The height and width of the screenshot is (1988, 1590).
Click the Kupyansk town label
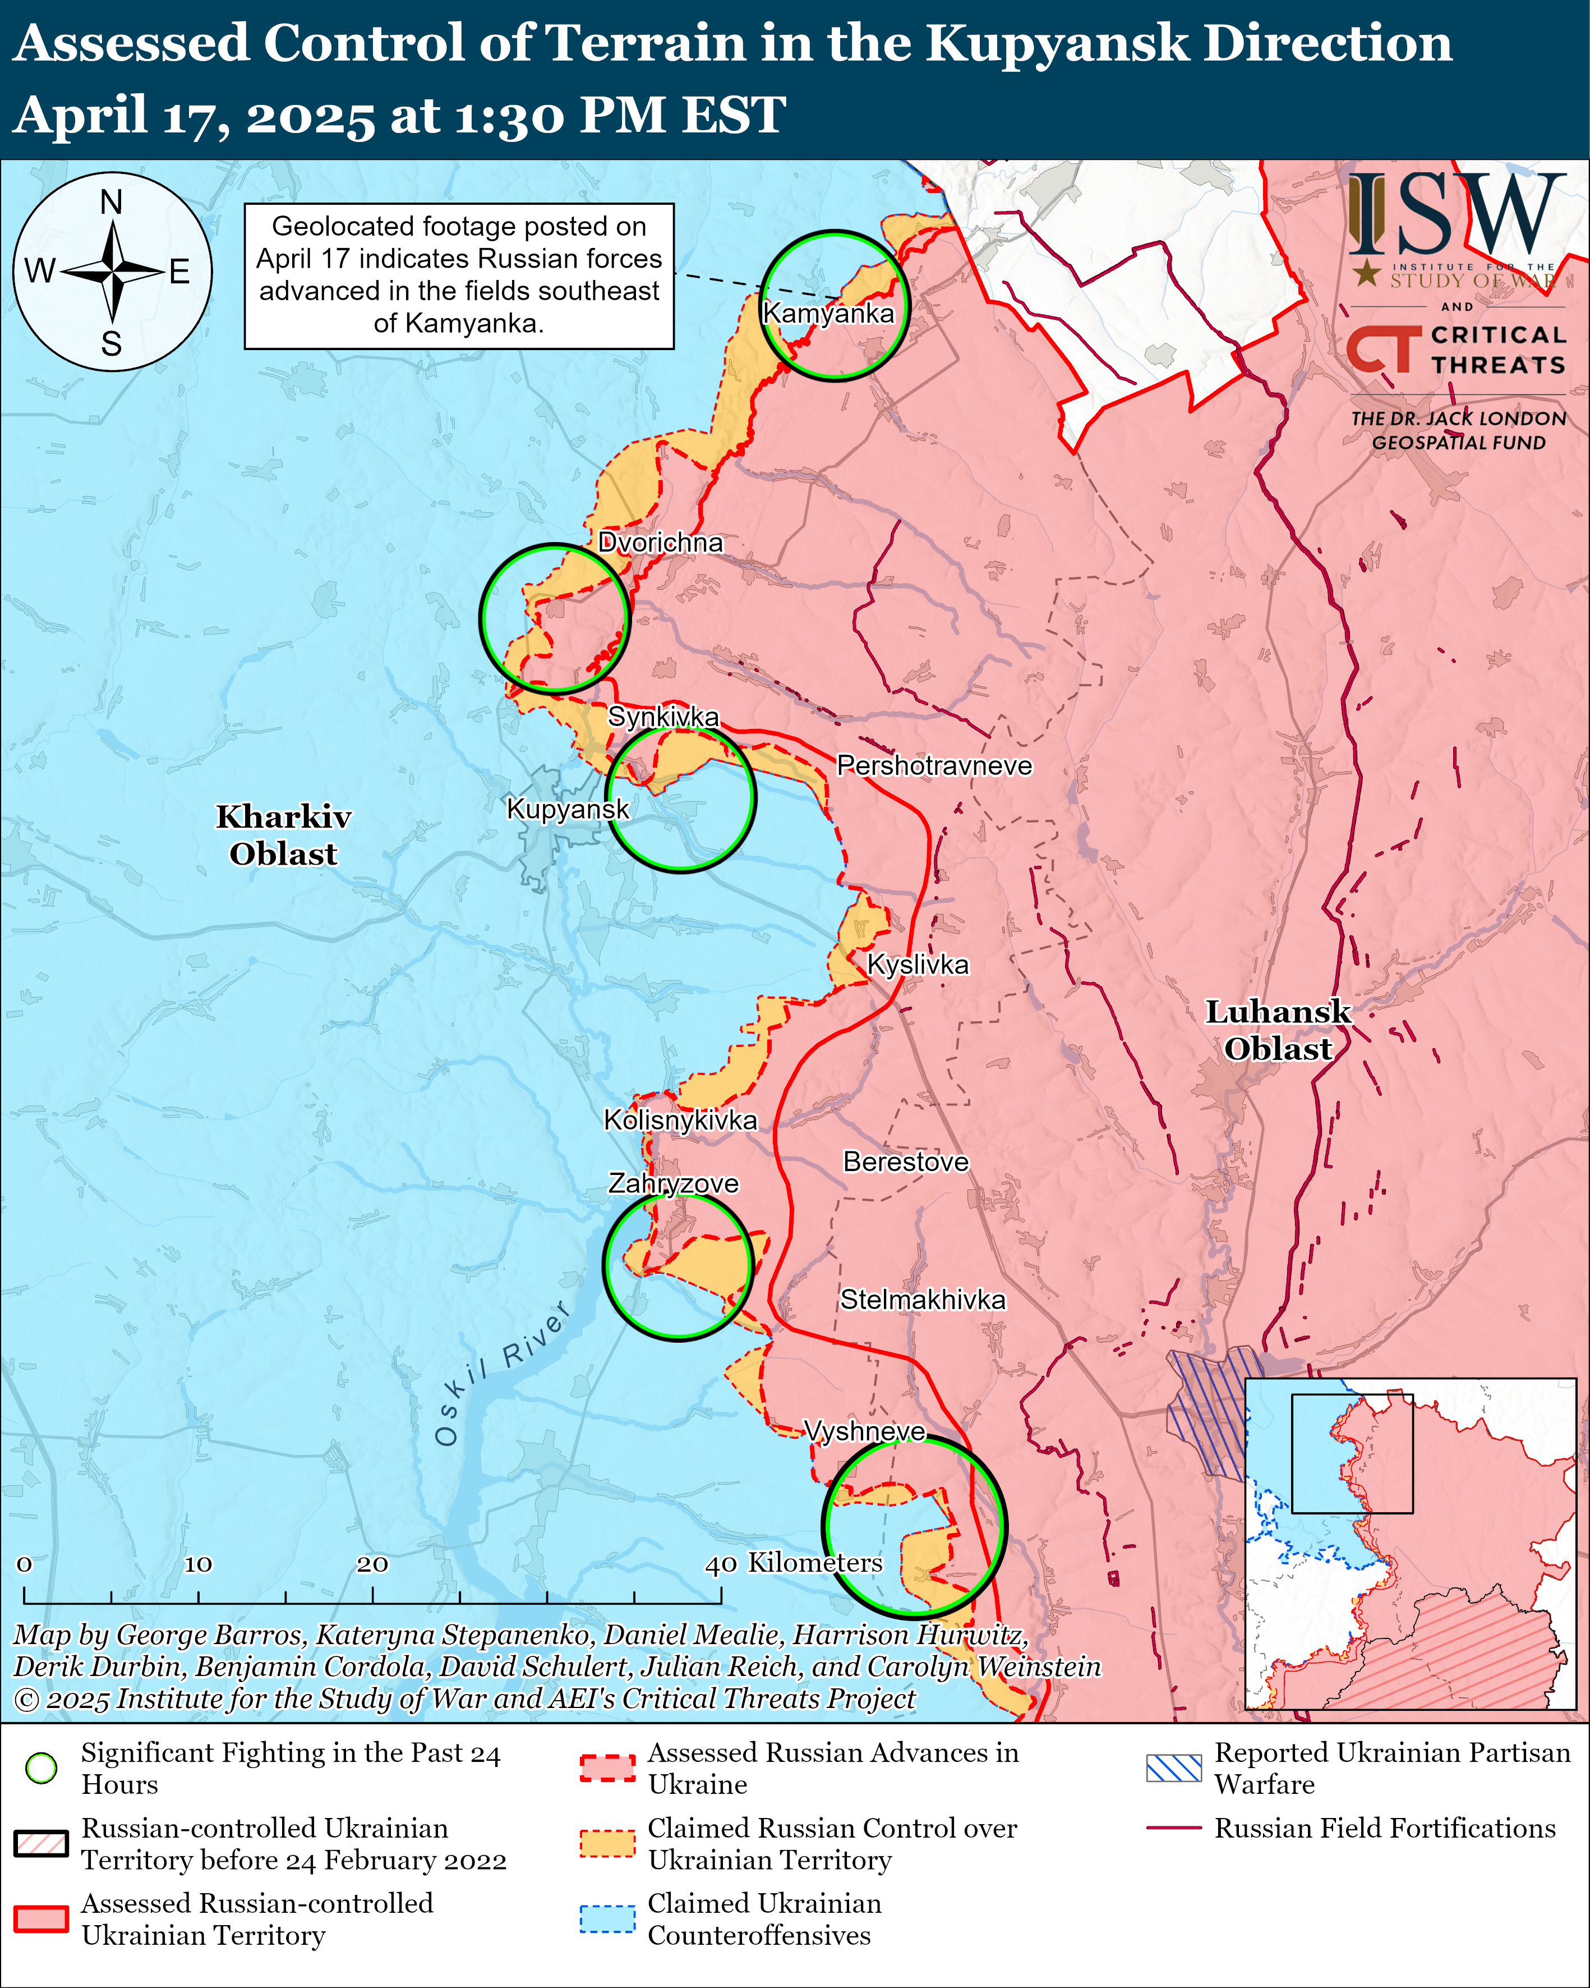568,810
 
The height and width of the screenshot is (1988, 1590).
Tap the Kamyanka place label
828,314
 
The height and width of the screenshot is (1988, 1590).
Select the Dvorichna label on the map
660,542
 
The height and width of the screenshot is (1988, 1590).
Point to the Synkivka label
663,717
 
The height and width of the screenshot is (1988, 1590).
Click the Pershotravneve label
934,765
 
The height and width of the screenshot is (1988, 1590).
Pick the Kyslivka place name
918,965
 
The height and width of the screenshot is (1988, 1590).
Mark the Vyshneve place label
865,1431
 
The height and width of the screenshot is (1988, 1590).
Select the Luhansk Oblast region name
1278,1030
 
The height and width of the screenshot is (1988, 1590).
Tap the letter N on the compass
112,202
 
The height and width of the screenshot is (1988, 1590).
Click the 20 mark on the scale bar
372,1564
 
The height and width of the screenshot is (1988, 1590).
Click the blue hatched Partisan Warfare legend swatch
1173,1767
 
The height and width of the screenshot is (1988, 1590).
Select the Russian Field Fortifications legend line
1173,1828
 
